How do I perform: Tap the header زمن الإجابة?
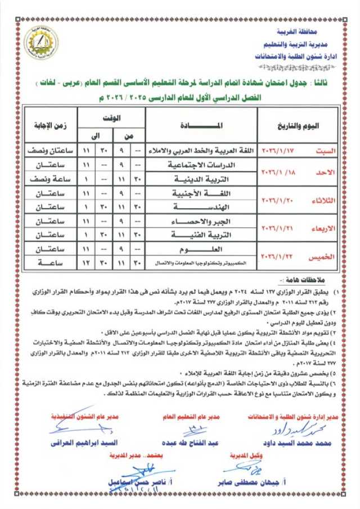49,124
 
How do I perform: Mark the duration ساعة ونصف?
49,179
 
